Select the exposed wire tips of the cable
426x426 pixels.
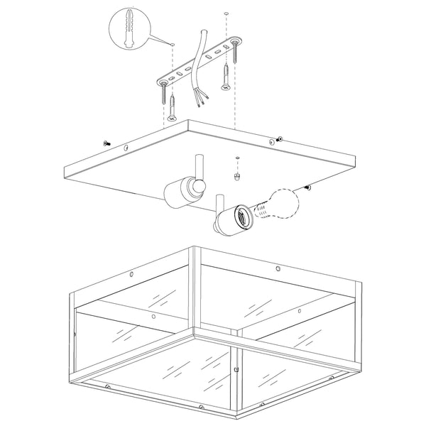[199, 102]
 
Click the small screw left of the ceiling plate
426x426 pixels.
[106, 143]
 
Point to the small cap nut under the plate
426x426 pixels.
[237, 173]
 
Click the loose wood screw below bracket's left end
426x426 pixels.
[173, 106]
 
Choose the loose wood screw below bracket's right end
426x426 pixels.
[225, 77]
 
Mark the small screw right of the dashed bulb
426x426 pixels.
[308, 187]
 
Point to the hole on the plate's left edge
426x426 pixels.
[126, 149]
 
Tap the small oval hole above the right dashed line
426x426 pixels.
[226, 13]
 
